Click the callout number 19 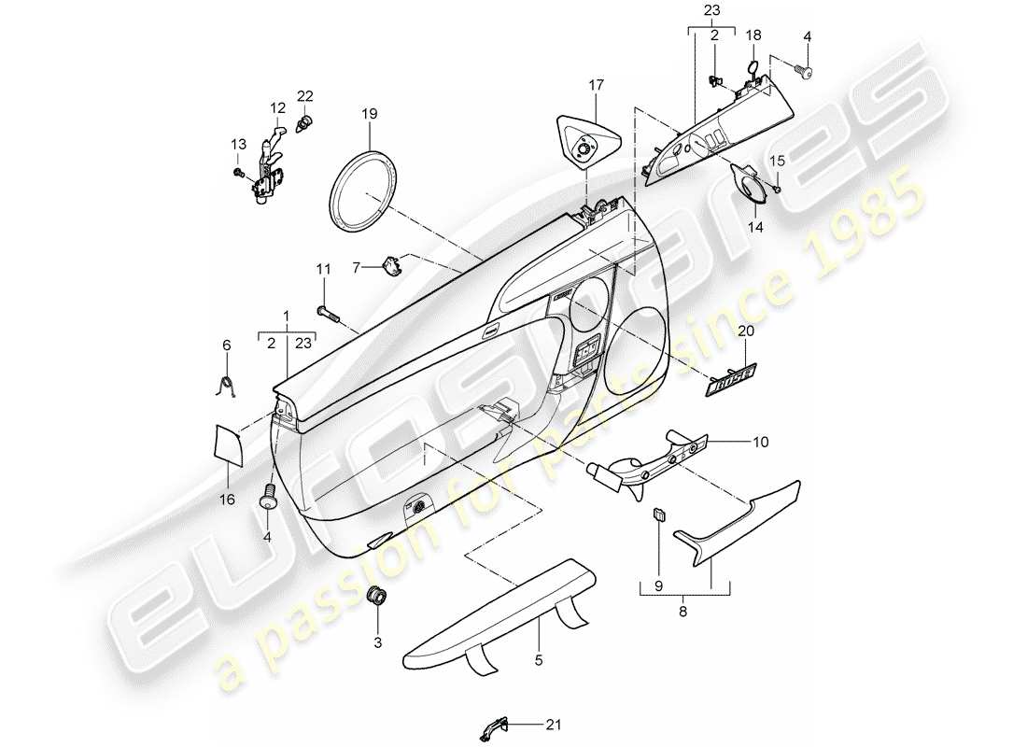pyautogui.click(x=370, y=114)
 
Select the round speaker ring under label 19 pyautogui.click(x=370, y=192)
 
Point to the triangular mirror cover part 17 pyautogui.click(x=588, y=139)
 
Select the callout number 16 pyautogui.click(x=227, y=500)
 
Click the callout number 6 pyautogui.click(x=225, y=345)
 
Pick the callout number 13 pyautogui.click(x=238, y=144)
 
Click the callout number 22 pyautogui.click(x=305, y=96)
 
